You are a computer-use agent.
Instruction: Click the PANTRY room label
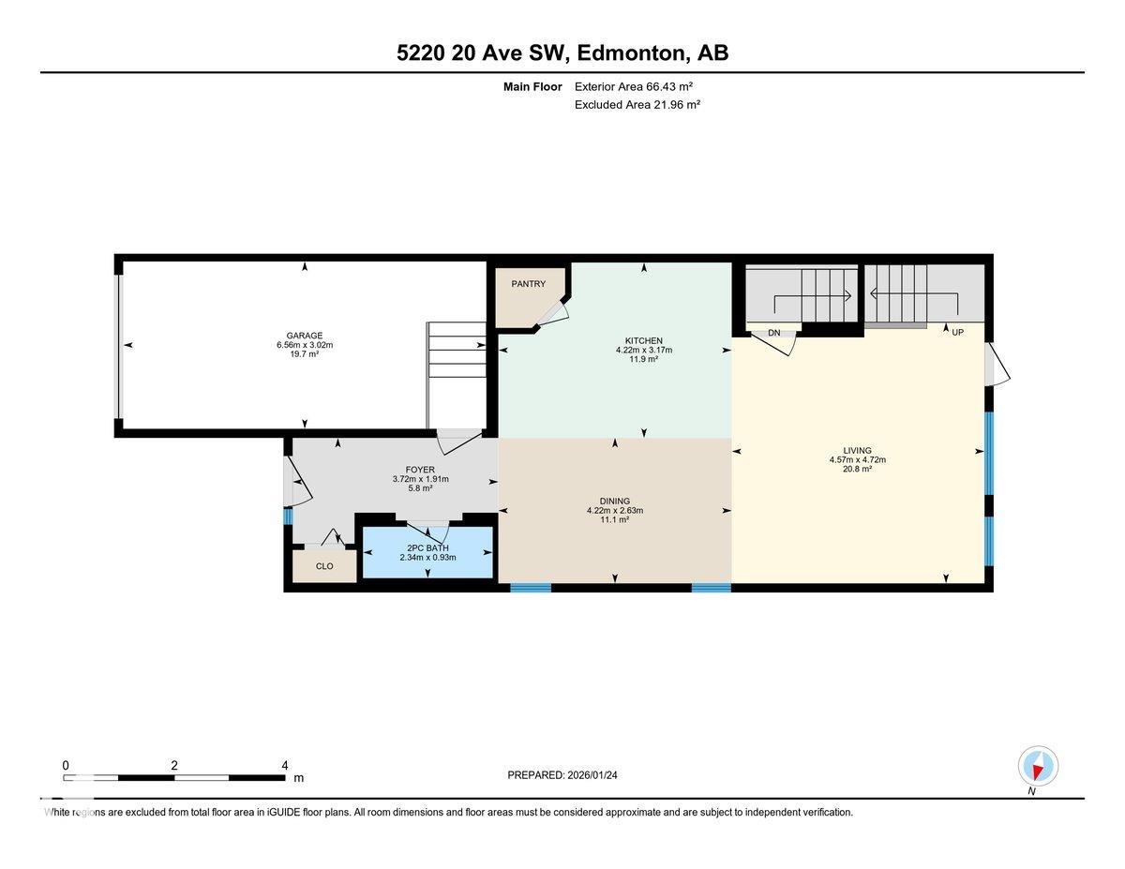click(x=528, y=284)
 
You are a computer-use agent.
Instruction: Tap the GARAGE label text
click(x=305, y=336)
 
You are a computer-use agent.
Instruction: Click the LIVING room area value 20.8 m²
click(x=857, y=469)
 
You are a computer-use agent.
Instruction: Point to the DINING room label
click(x=614, y=501)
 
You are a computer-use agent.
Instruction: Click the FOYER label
click(x=420, y=470)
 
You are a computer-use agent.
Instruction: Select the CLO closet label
click(x=324, y=566)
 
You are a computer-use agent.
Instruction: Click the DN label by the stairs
click(x=774, y=333)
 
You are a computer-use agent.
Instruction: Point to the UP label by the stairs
click(x=957, y=333)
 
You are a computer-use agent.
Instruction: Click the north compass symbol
click(x=1038, y=766)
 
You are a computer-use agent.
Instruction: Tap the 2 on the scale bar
click(x=174, y=765)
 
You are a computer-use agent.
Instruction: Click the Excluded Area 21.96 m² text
click(x=637, y=105)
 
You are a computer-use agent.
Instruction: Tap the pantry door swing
click(x=553, y=314)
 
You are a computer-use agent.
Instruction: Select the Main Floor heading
click(x=532, y=86)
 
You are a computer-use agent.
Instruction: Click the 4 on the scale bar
click(x=284, y=765)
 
